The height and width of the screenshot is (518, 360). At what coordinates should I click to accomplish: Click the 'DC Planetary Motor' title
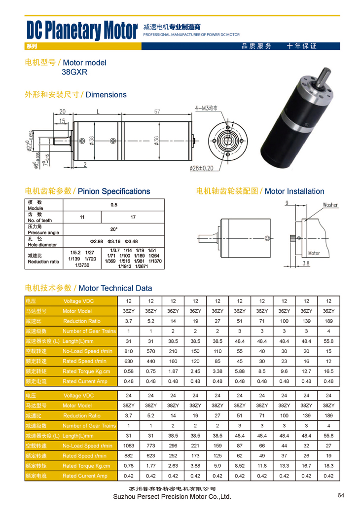click(x=82, y=31)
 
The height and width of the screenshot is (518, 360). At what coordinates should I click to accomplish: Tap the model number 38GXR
click(x=74, y=72)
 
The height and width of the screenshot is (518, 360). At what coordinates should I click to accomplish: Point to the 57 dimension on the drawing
click(x=157, y=112)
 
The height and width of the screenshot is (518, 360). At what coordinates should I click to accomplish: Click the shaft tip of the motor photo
click(x=326, y=73)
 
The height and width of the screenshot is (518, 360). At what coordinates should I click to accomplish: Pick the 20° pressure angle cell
click(x=114, y=229)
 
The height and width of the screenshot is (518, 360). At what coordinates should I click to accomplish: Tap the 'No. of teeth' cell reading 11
click(x=82, y=217)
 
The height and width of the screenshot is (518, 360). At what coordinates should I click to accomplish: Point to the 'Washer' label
click(x=330, y=205)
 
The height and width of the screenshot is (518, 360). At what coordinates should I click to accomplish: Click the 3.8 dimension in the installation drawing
click(x=306, y=264)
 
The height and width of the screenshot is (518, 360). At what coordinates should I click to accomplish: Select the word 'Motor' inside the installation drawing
click(x=314, y=253)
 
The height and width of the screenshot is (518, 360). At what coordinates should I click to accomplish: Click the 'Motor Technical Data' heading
click(x=115, y=288)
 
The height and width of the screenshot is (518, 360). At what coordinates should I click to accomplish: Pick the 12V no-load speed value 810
click(x=129, y=351)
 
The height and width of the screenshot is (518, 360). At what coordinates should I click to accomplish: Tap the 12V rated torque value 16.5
click(x=328, y=371)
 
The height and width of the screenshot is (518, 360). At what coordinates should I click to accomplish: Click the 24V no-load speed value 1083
click(x=129, y=446)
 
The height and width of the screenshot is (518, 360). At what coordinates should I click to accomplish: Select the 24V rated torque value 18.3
click(x=328, y=466)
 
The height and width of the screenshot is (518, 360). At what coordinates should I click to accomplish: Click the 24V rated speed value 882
click(x=129, y=456)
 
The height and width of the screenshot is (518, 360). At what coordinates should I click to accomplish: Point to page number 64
click(x=341, y=495)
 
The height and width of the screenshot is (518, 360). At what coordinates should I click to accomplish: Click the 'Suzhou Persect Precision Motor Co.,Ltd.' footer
click(x=172, y=497)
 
